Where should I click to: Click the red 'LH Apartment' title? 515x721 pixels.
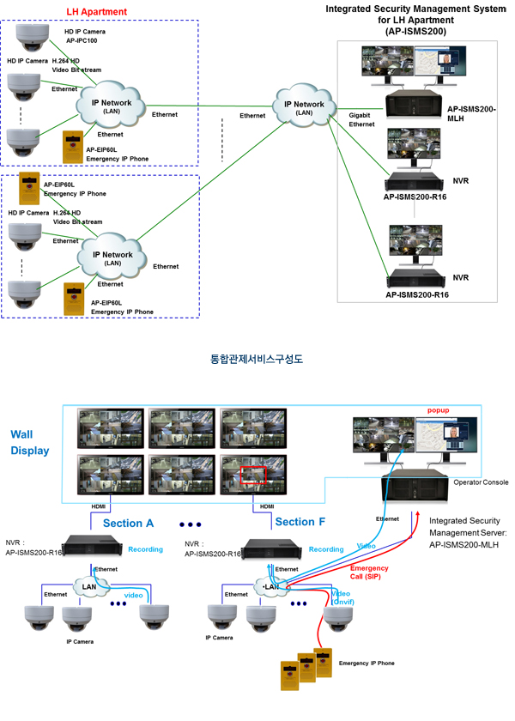[x=96, y=11]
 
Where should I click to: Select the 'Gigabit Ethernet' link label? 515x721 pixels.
[x=362, y=119]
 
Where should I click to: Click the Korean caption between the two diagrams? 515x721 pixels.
[x=257, y=360]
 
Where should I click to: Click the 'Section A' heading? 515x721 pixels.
[x=128, y=523]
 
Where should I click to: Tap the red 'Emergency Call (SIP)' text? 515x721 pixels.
[x=369, y=573]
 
